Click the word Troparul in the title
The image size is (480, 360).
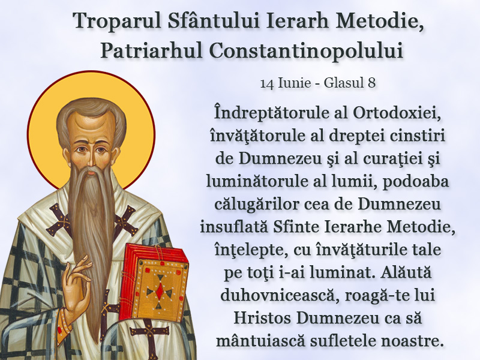(117, 21)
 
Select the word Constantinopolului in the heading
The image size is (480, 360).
(306, 50)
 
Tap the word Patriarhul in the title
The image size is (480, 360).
(151, 50)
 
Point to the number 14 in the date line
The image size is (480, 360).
(267, 83)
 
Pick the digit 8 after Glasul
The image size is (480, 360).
(371, 83)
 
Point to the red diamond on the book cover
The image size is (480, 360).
(160, 290)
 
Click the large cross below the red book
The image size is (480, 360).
(149, 334)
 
